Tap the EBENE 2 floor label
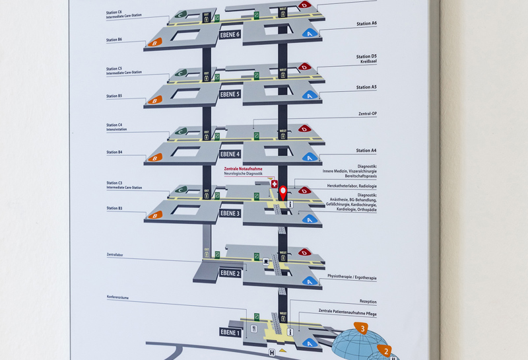pyautogui.click(x=230, y=273)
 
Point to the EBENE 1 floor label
pyautogui.click(x=230, y=332)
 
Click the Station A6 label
pyautogui.click(x=366, y=23)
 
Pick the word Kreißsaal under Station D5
pyautogui.click(x=368, y=62)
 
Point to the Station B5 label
pyautogui.click(x=114, y=96)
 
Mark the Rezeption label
pyautogui.click(x=368, y=302)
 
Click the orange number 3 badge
pyautogui.click(x=361, y=328)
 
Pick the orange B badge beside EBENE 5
pyautogui.click(x=155, y=100)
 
